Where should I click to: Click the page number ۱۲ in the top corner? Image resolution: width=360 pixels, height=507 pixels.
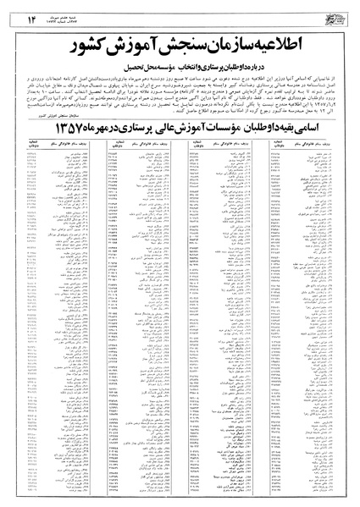[x=19, y=10]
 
